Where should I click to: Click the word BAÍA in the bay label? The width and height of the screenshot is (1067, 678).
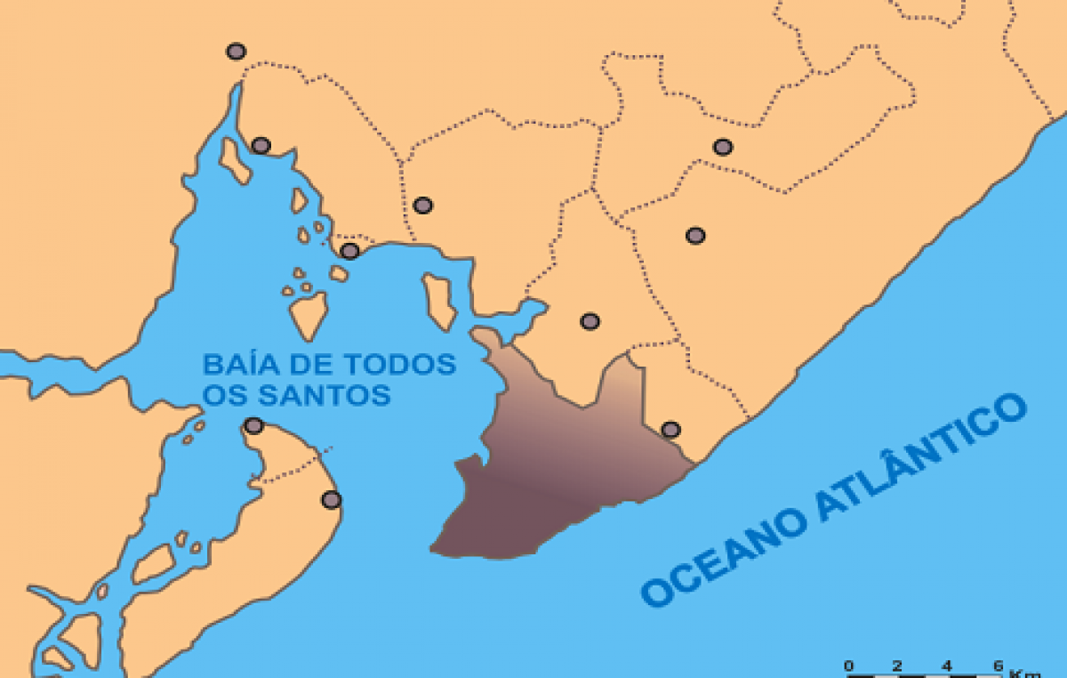(241, 365)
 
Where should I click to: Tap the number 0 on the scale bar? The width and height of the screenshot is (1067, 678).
(848, 665)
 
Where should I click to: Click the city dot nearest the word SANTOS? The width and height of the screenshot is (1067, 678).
(254, 425)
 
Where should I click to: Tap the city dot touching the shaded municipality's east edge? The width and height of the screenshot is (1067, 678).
(671, 430)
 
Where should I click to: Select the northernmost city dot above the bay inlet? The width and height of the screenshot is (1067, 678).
(236, 52)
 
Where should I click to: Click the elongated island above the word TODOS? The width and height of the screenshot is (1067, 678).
(438, 301)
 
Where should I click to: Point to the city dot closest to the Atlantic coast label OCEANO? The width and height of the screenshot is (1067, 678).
(671, 430)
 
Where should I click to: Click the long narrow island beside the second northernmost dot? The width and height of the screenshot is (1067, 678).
(235, 160)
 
